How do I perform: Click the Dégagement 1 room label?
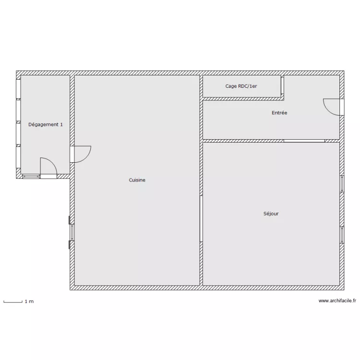[46, 125]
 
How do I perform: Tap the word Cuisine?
[137, 180]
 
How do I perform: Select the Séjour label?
[271, 214]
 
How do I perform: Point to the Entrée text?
[279, 113]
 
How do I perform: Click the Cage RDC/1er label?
[241, 86]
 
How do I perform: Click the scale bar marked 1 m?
[13, 302]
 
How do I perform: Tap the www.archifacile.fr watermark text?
[337, 301]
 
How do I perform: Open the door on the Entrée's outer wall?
[342, 107]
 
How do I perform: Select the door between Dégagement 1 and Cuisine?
[72, 154]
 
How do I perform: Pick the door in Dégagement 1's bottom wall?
[48, 176]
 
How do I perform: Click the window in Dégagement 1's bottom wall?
[31, 176]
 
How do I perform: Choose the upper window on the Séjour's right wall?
[342, 184]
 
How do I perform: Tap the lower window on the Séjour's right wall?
[342, 234]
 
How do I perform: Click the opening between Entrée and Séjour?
[304, 141]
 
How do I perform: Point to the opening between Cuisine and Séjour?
[201, 218]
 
